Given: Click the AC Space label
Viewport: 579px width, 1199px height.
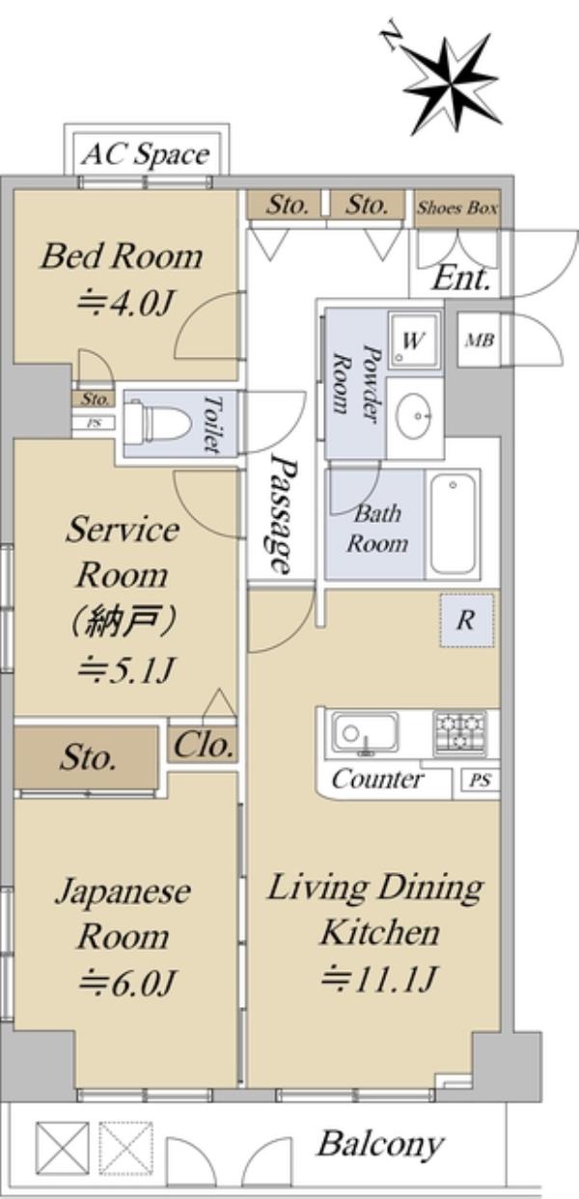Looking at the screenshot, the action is pyautogui.click(x=146, y=155).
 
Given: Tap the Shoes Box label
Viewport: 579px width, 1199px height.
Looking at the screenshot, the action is pyautogui.click(x=457, y=207).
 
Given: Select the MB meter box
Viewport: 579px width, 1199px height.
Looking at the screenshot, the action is pyautogui.click(x=480, y=340).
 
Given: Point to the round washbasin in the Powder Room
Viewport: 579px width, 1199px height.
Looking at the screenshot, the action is pyautogui.click(x=414, y=415).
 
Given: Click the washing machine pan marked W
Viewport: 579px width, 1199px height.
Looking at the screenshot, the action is pyautogui.click(x=414, y=340).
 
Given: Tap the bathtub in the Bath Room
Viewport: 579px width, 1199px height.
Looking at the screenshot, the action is pyautogui.click(x=453, y=525).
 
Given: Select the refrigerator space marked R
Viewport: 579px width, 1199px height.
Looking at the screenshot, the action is pyautogui.click(x=466, y=620).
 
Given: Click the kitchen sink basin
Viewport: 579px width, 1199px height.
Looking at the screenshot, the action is pyautogui.click(x=365, y=732).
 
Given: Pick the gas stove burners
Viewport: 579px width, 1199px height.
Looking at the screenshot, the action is pyautogui.click(x=459, y=732).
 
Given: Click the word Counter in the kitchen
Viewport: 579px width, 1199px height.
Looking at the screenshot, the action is pyautogui.click(x=377, y=779).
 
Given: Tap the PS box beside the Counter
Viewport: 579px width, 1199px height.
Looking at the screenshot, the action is pyautogui.click(x=480, y=780).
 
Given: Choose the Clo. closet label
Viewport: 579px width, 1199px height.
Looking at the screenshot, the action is pyautogui.click(x=204, y=746).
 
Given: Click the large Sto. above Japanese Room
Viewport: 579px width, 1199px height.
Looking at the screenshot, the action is pyautogui.click(x=87, y=757).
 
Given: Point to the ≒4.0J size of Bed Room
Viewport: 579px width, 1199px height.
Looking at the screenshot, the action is pyautogui.click(x=124, y=305).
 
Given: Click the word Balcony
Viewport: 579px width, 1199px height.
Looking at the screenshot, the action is pyautogui.click(x=381, y=1143).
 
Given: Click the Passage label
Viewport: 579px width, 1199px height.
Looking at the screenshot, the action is pyautogui.click(x=283, y=514).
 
